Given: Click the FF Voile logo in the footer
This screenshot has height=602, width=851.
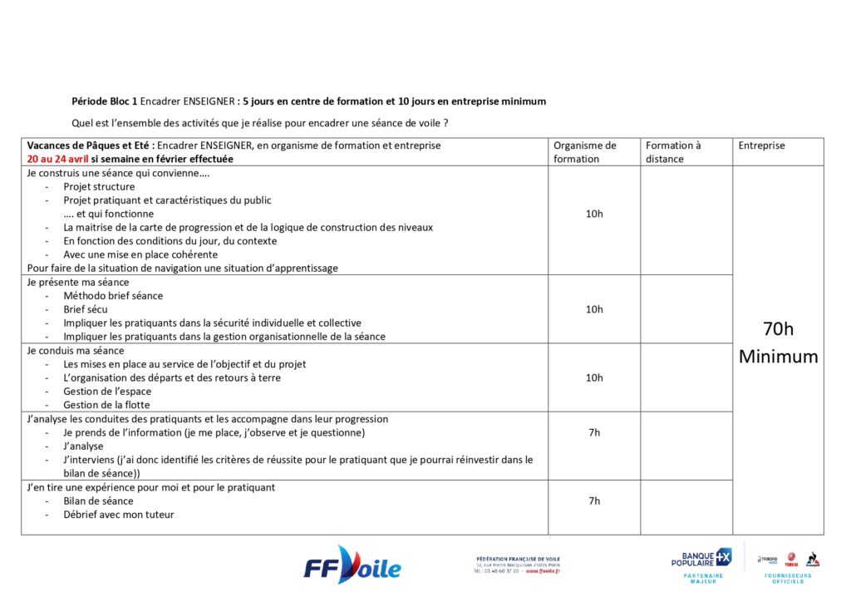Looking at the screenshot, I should point(352,566).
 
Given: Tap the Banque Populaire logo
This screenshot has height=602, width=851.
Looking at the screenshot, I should point(701,558).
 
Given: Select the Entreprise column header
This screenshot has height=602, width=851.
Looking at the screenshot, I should point(761,146).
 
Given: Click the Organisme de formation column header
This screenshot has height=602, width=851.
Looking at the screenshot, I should point(585,151).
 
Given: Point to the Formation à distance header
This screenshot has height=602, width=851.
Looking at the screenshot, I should point(674,151).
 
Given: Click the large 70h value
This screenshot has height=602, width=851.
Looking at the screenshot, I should point(778,329).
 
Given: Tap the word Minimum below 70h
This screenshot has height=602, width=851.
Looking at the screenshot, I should point(778,358).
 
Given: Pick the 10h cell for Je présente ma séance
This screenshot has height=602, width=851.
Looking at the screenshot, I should point(594,309).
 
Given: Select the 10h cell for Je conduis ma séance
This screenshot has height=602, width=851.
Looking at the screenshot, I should point(594,377).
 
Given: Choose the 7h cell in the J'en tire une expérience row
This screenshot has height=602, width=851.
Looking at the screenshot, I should point(594,501).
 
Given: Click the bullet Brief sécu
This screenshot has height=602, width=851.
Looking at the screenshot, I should point(86,309).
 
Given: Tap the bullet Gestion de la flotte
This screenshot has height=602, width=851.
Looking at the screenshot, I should point(106,405).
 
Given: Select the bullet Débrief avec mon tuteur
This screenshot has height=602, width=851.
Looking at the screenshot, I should point(119,515).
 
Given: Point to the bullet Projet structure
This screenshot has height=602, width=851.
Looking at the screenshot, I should point(99,186).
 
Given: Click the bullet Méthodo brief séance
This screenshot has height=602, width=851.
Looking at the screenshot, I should point(113,296).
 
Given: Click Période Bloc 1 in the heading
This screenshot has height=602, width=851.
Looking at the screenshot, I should point(105,101).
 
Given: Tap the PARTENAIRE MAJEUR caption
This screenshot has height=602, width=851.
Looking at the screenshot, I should point(702,577).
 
